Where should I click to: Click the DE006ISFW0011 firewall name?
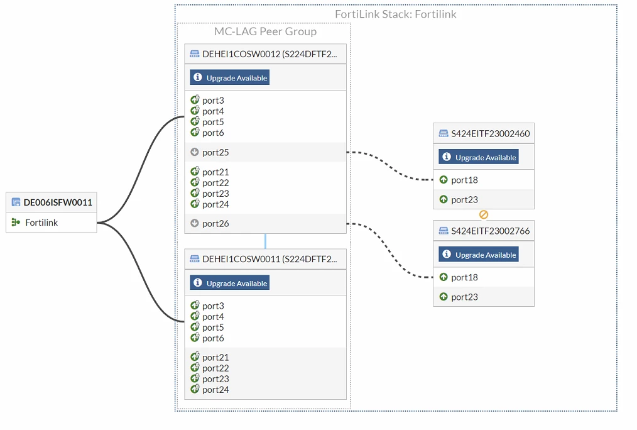[x=58, y=202]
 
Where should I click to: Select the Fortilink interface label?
[x=41, y=223]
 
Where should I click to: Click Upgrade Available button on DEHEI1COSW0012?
[x=229, y=77]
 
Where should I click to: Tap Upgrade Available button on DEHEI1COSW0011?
[x=229, y=283]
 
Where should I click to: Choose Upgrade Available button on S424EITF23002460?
[x=479, y=157]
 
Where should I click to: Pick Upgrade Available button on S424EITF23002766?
[x=479, y=255]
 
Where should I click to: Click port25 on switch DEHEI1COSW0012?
[x=215, y=152]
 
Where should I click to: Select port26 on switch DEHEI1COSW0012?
[x=215, y=224]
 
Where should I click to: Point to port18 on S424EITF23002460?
[x=464, y=180]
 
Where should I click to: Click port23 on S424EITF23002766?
[x=464, y=297]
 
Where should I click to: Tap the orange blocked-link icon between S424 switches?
[x=484, y=214]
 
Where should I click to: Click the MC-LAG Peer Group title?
[x=265, y=31]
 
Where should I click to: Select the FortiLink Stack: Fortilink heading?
[x=396, y=14]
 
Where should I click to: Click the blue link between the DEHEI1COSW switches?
[x=265, y=241]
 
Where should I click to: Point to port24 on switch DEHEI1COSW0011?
[x=215, y=390]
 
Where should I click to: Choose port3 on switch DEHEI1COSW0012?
[x=213, y=101]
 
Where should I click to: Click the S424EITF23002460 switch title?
[x=491, y=134]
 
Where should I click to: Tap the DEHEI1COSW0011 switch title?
[x=269, y=259]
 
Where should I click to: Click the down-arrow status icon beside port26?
[x=195, y=223]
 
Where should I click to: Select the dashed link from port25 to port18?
[x=390, y=166]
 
